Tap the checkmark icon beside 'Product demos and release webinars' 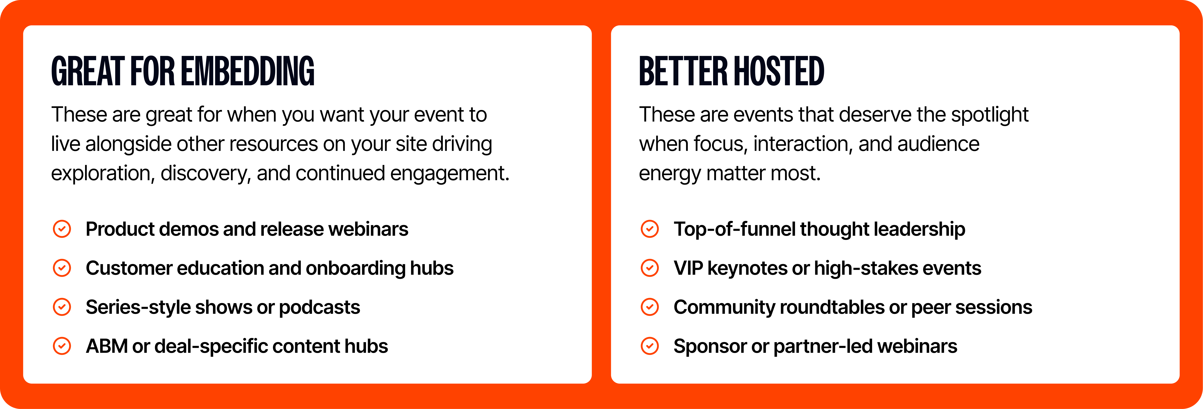[62, 229]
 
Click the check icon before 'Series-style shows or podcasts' [62, 307]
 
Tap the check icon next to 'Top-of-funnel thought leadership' [650, 229]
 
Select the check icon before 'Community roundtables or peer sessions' [650, 307]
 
